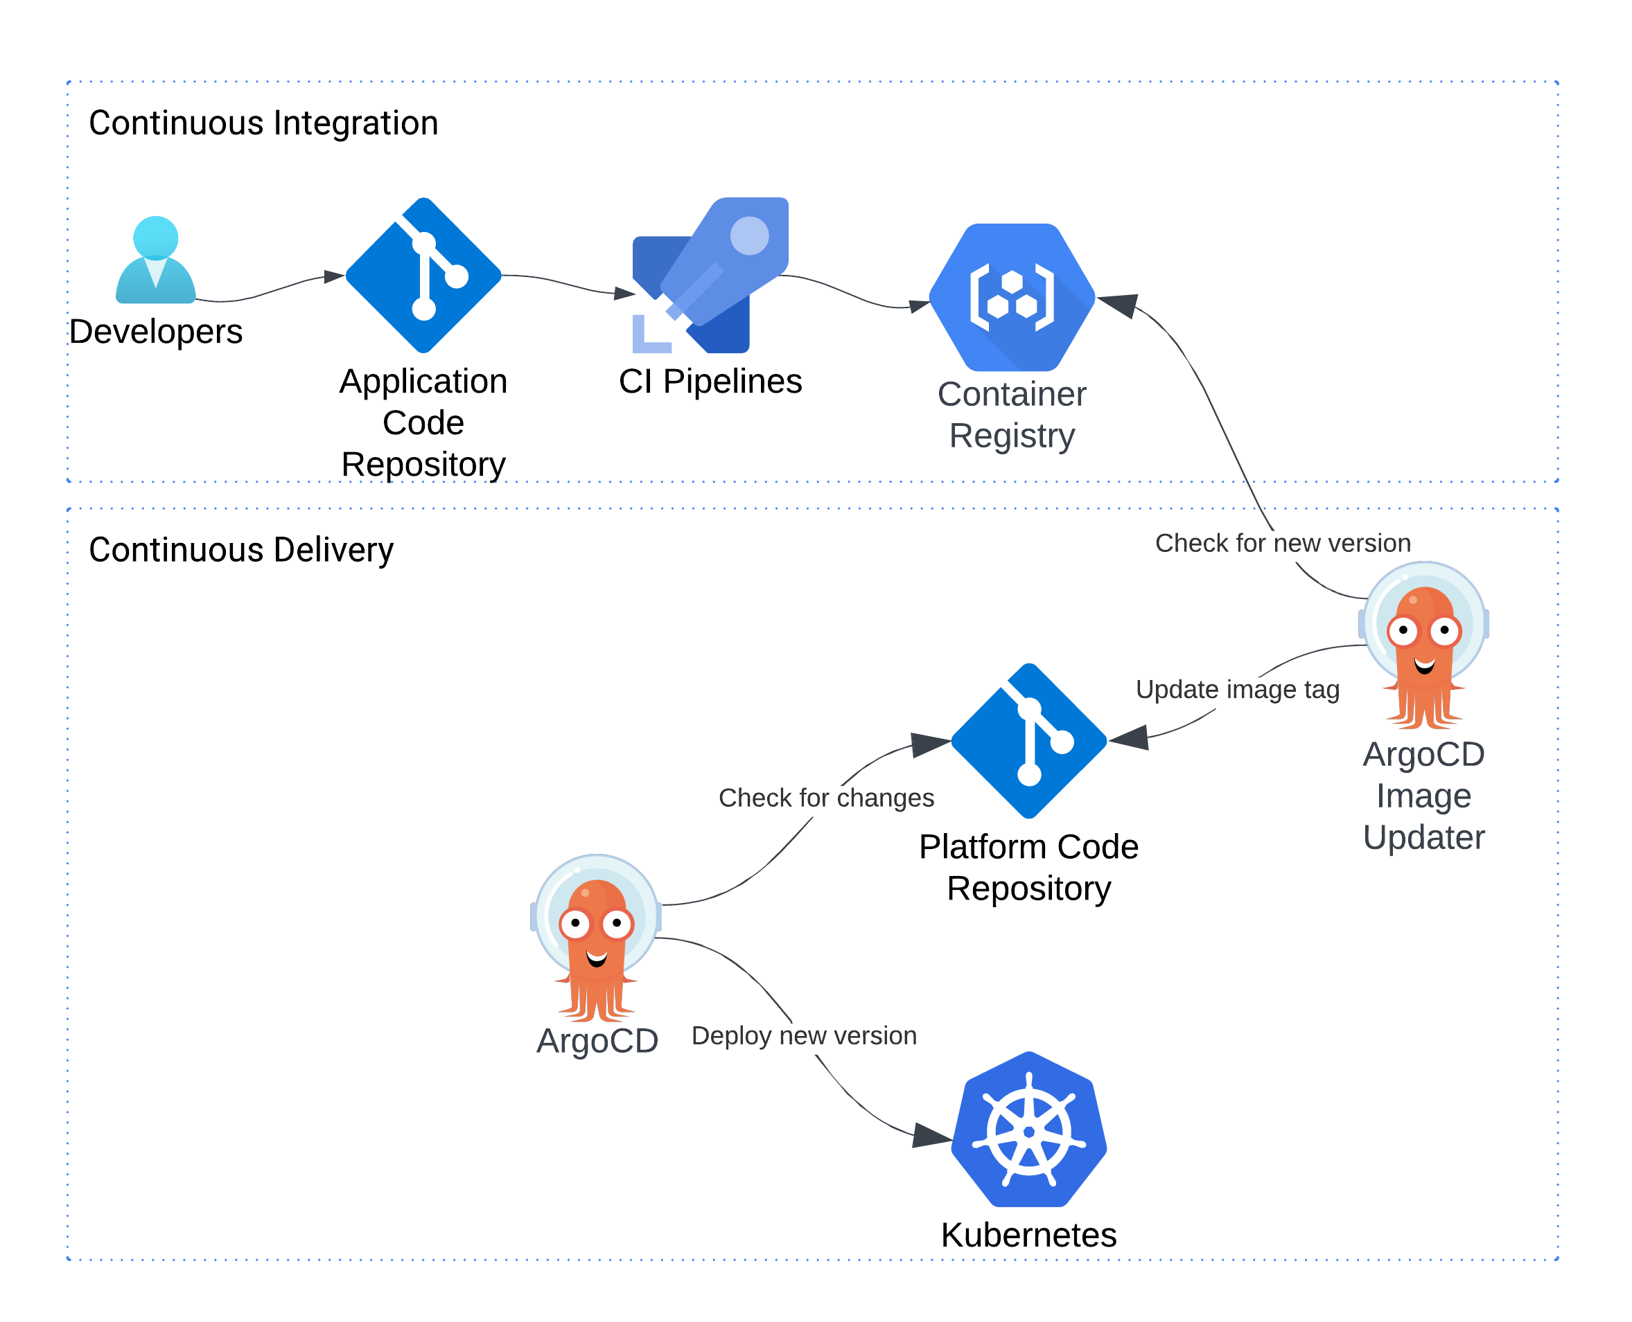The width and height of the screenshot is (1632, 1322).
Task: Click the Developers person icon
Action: (x=155, y=260)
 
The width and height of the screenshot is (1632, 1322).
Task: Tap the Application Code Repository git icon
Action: (x=423, y=276)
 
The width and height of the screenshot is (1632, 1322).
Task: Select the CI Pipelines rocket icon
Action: (x=710, y=276)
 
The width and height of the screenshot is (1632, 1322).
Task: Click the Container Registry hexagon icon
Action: (x=1012, y=298)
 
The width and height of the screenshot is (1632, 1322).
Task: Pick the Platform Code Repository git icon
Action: (x=1028, y=741)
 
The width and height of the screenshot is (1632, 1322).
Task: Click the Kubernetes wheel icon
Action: (x=1028, y=1130)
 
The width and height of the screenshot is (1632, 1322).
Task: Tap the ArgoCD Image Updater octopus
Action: (x=1423, y=646)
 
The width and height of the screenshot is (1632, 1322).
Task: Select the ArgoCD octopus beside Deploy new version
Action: (x=597, y=938)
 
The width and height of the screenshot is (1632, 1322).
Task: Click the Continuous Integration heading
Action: (x=263, y=123)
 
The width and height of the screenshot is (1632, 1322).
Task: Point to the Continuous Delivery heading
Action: (x=240, y=550)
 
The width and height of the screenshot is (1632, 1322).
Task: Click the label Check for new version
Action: (x=1282, y=543)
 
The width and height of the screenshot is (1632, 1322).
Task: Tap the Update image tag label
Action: (x=1237, y=689)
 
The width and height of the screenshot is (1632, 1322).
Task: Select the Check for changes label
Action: (x=826, y=797)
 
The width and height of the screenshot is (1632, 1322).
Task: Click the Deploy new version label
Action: (x=804, y=1036)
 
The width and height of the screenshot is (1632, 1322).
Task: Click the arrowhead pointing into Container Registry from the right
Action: (x=1118, y=305)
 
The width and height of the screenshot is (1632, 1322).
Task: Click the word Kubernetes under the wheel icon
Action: (x=1028, y=1235)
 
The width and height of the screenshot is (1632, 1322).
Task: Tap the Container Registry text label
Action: (x=1012, y=415)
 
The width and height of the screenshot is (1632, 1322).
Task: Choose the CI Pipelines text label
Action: (x=710, y=382)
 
